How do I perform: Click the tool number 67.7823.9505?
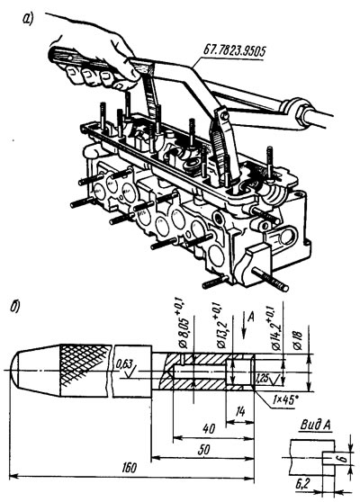point(234,51)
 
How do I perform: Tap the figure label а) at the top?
point(28,20)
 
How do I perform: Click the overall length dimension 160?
point(130,468)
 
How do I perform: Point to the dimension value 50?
point(203,449)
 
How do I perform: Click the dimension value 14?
point(239,411)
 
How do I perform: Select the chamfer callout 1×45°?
point(283,399)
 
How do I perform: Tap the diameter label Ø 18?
point(298,337)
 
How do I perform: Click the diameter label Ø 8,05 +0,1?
point(184,323)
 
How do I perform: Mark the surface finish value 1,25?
point(262,379)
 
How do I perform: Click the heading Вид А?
point(316,425)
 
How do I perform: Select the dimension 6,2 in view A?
point(302,483)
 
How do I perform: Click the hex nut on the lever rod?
point(301,112)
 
